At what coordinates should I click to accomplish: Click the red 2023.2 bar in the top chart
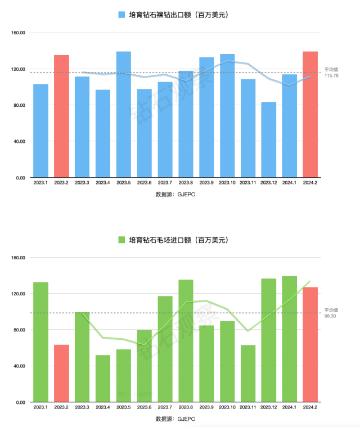(x=61, y=116)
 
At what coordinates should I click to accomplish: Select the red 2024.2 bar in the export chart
(x=310, y=114)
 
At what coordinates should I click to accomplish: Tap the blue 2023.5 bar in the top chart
(x=124, y=114)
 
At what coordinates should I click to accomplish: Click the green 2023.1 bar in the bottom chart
(x=40, y=342)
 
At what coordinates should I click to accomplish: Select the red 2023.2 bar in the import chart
(x=61, y=373)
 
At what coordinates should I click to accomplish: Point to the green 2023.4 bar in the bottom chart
(x=103, y=378)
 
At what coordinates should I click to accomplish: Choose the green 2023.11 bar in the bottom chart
(x=247, y=373)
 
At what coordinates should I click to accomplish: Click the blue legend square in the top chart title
(x=122, y=15)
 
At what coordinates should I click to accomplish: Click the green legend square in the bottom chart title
(x=121, y=240)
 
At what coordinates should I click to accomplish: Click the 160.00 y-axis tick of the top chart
(x=19, y=33)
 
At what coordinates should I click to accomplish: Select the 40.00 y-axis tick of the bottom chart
(x=19, y=366)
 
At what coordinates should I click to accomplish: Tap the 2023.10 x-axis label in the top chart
(x=227, y=183)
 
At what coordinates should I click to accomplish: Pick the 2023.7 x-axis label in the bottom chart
(x=165, y=407)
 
